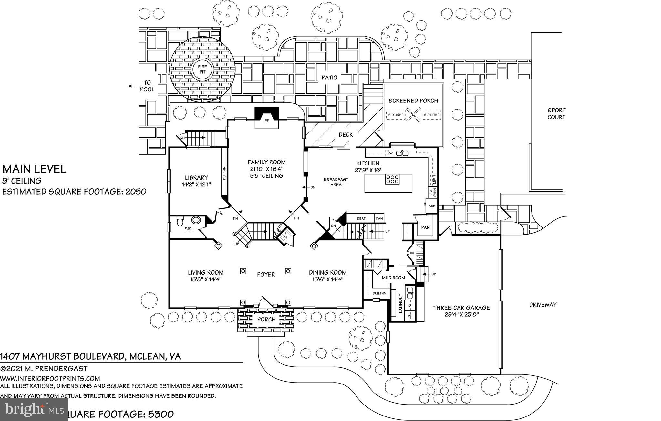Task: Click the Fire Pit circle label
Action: point(202,69)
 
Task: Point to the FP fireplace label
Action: point(267,121)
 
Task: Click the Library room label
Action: point(196,177)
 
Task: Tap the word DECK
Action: point(346,135)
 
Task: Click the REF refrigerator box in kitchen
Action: point(432,206)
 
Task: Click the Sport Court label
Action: point(556,114)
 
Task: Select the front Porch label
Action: point(266,320)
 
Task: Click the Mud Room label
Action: point(393,278)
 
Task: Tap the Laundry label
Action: point(400,303)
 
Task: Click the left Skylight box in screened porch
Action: point(396,115)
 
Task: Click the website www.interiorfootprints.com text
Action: point(50,378)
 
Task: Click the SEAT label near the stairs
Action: point(361,218)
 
